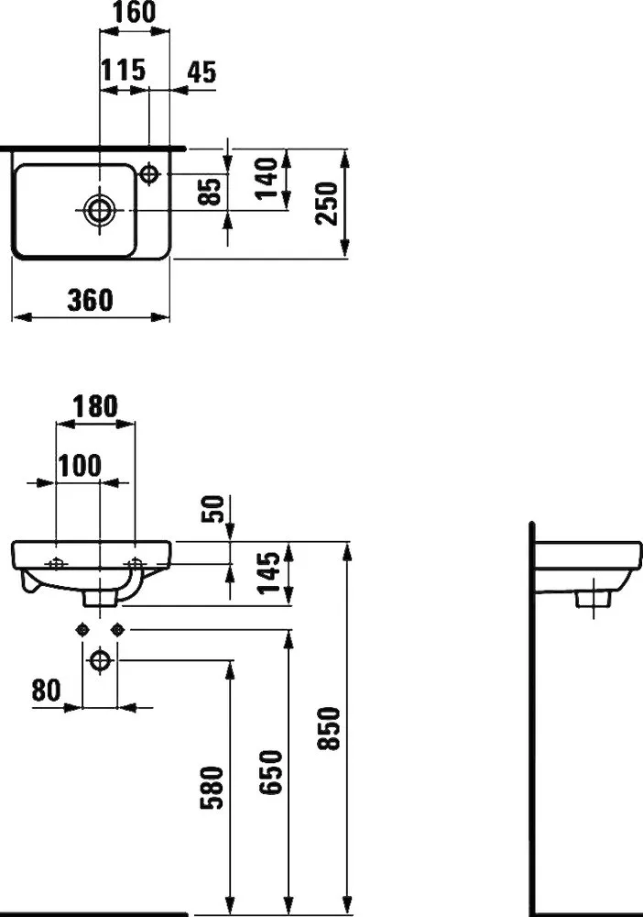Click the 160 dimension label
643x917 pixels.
pos(134,12)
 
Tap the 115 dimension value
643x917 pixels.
pos(123,71)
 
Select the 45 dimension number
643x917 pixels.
pos(202,72)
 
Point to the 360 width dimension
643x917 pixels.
pos(90,300)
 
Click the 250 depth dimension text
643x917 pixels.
pos(328,204)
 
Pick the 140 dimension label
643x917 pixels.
pos(267,178)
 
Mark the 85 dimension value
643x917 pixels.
pos(211,192)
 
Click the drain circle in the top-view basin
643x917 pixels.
pos(101,210)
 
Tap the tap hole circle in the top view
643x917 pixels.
pos(149,173)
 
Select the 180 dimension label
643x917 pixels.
pos(94,407)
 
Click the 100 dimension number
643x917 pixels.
pos(80,466)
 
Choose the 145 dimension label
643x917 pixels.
pos(271,573)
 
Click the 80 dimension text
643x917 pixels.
pos(46,691)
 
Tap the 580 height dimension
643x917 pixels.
pos(212,787)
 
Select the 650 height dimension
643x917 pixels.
pos(270,773)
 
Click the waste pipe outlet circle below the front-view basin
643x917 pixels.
pos(101,661)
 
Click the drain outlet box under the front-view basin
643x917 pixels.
pos(101,598)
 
